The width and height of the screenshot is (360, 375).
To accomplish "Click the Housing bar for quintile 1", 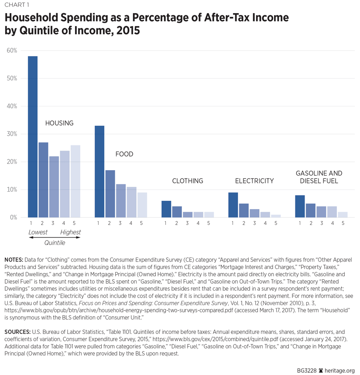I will click(33, 137).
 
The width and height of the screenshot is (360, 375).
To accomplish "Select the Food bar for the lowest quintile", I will click(99, 172).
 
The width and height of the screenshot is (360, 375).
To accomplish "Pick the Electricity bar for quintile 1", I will click(233, 205).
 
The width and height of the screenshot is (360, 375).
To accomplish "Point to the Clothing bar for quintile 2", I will click(177, 212).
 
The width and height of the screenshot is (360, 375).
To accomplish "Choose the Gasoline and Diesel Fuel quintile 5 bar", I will click(343, 214).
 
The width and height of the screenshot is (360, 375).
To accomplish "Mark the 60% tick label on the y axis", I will click(12, 51).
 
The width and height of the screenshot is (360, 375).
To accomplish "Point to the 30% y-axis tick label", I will click(12, 134).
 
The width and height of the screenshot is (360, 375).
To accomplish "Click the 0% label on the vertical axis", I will click(13, 217).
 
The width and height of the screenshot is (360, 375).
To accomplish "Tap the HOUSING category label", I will click(59, 124).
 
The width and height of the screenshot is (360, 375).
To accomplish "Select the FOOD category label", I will click(124, 154).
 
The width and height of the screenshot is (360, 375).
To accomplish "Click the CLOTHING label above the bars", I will click(188, 181).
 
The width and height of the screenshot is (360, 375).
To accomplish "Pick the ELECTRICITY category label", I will click(254, 181).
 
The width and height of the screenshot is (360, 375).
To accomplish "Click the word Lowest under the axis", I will click(38, 232).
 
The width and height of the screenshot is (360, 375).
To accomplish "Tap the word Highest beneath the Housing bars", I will click(70, 232).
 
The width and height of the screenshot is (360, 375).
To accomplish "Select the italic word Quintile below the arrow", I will click(55, 243).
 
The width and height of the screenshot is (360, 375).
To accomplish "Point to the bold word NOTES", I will click(14, 260).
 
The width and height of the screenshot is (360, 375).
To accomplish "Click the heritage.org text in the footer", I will click(339, 370).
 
